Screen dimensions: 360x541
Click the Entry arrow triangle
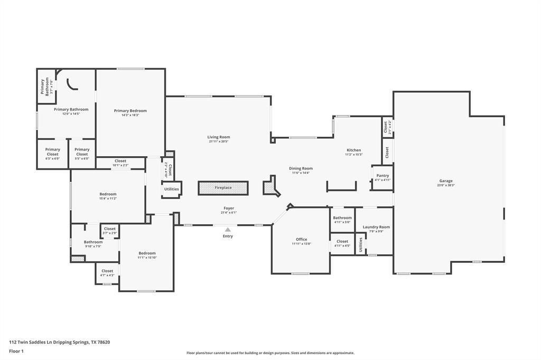click(228, 230)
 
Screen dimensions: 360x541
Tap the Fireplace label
click(223, 188)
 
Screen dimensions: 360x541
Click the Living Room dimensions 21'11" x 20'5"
click(219, 141)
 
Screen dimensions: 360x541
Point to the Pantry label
click(383, 175)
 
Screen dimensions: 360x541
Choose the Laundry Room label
click(376, 227)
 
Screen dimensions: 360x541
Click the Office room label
click(301, 239)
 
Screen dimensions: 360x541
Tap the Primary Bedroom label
click(130, 111)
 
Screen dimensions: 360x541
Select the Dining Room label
click(301, 168)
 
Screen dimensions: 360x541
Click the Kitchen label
click(353, 150)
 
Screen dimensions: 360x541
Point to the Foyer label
click(228, 208)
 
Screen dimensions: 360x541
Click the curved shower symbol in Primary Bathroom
click(73, 84)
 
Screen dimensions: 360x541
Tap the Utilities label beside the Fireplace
click(172, 189)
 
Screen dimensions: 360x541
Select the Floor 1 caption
click(16, 351)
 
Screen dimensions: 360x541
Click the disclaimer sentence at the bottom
click(270, 353)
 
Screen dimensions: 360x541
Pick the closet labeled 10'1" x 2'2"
click(120, 163)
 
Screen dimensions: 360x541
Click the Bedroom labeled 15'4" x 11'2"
click(108, 196)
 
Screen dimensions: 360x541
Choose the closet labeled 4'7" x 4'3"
click(107, 273)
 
